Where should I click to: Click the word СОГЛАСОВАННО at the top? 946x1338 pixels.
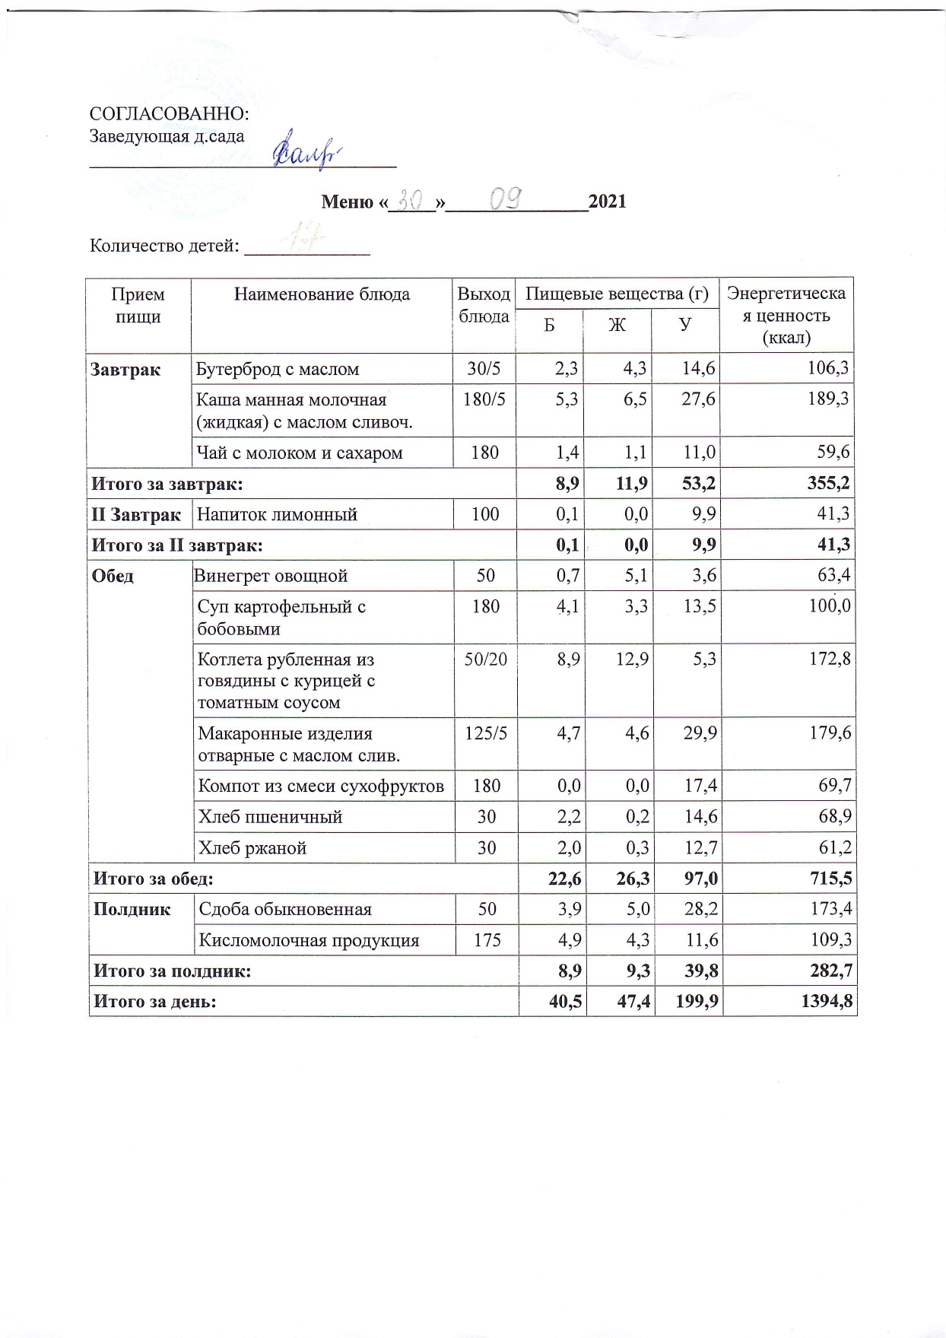(x=169, y=114)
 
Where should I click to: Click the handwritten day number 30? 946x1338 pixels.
(x=411, y=200)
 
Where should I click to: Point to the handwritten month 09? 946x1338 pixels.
(x=505, y=199)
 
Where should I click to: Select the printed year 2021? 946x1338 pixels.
(x=608, y=202)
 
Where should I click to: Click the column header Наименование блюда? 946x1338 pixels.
(x=321, y=294)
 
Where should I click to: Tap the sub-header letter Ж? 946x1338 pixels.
(x=617, y=325)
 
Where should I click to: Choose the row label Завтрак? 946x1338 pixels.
(x=125, y=370)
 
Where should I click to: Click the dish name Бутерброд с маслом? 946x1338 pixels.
(x=278, y=370)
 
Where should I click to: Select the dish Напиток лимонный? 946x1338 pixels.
(x=277, y=515)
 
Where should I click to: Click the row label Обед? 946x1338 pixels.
(x=113, y=576)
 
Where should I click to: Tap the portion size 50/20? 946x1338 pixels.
(x=485, y=659)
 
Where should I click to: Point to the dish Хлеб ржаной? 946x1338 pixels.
(x=252, y=848)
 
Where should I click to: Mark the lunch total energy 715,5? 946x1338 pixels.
(x=829, y=879)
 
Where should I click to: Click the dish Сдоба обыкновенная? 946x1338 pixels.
(x=285, y=910)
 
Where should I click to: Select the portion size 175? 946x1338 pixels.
(x=487, y=941)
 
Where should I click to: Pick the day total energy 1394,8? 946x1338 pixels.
(x=826, y=1002)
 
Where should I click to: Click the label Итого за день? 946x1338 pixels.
(x=154, y=1002)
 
